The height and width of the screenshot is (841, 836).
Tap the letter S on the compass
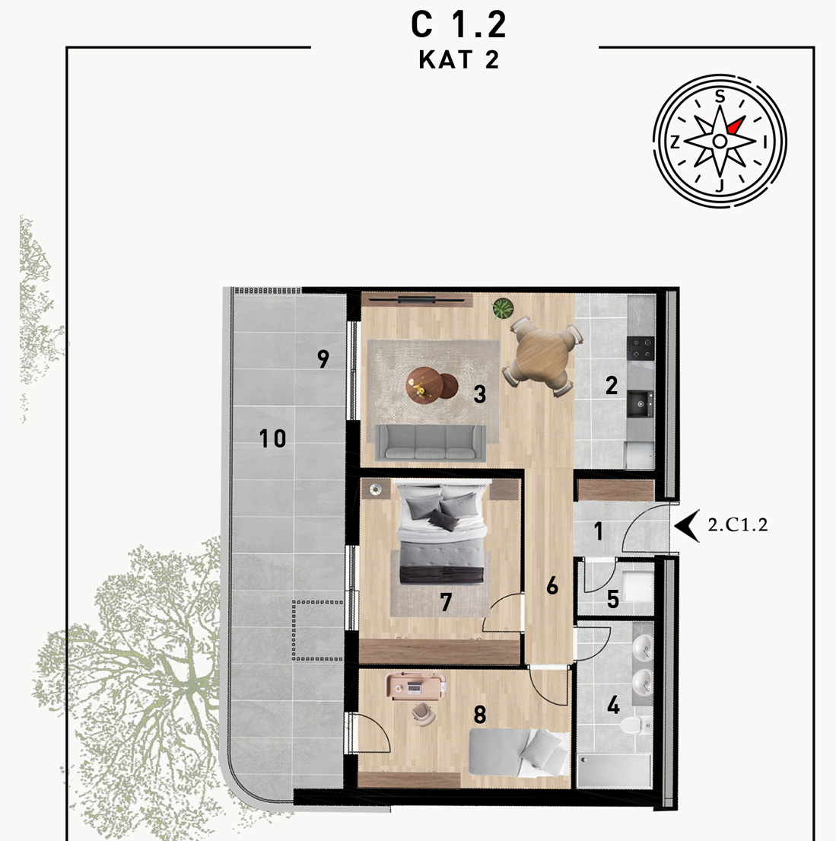pyautogui.click(x=720, y=97)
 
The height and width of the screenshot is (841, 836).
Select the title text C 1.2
pyautogui.click(x=459, y=24)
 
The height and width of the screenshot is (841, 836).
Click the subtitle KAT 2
pyautogui.click(x=459, y=59)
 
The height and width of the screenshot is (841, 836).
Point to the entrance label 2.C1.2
pyautogui.click(x=738, y=524)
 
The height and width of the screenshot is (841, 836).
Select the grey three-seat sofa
pyautogui.click(x=431, y=442)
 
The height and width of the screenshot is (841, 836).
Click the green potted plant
pyautogui.click(x=503, y=309)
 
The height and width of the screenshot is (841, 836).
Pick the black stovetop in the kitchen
pyautogui.click(x=641, y=348)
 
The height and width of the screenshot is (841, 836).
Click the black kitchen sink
pyautogui.click(x=641, y=403)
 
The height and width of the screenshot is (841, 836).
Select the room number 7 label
pyautogui.click(x=446, y=602)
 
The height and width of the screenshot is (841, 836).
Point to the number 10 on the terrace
pyautogui.click(x=272, y=438)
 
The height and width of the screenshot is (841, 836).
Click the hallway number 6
pyautogui.click(x=552, y=586)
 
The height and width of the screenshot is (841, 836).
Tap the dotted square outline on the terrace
pyautogui.click(x=317, y=630)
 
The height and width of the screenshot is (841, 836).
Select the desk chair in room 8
pyautogui.click(x=424, y=714)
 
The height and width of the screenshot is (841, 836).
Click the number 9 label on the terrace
pyautogui.click(x=323, y=358)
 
